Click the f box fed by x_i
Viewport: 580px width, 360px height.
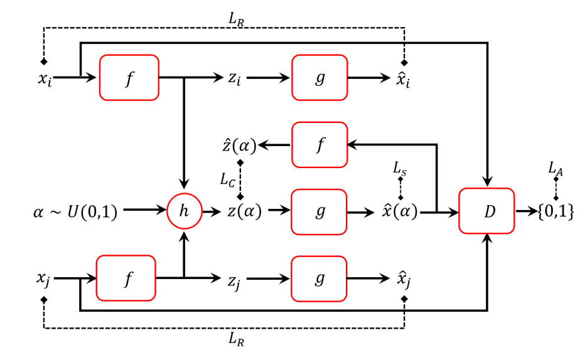coord(129,77)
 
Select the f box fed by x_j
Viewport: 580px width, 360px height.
coord(125,278)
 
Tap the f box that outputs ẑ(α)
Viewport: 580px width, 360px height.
coord(320,145)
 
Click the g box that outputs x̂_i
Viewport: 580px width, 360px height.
coord(320,77)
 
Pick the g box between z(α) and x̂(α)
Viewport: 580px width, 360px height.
coord(320,211)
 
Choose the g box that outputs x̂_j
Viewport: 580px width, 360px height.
coord(320,278)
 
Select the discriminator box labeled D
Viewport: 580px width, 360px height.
coord(488,211)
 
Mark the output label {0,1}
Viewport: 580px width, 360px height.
coord(556,212)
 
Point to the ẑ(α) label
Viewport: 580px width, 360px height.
coord(239,146)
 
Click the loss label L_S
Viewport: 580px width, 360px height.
coord(400,167)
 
